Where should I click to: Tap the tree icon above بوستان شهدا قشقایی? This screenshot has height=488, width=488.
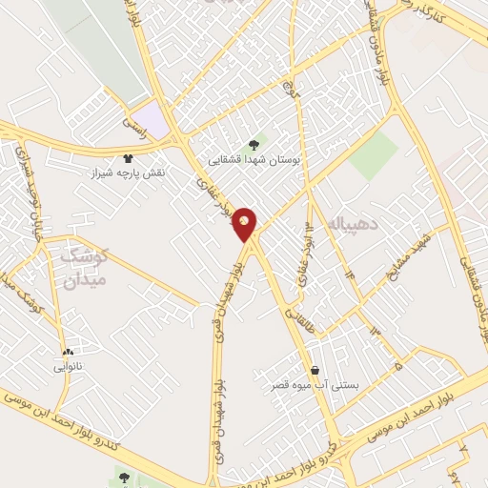(x=252, y=144)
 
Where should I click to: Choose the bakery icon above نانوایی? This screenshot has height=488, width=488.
(x=67, y=352)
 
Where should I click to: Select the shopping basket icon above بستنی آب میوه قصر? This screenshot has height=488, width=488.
(x=314, y=370)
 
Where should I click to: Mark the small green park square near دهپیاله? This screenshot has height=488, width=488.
(x=373, y=155)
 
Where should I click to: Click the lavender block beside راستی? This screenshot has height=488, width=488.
(x=152, y=119)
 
